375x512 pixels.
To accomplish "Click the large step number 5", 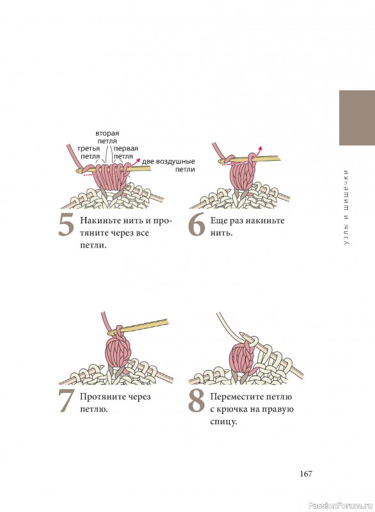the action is tap(66, 226).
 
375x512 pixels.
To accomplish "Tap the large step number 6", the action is tap(196, 226).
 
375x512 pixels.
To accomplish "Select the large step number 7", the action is tap(67, 402).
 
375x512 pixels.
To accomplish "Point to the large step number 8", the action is tap(196, 402).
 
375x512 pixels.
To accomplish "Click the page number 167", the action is tap(306, 474).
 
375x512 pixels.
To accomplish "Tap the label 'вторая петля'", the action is tap(107, 137).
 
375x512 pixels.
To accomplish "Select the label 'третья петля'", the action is tap(89, 152).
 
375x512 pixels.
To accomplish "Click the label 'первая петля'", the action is tap(125, 152).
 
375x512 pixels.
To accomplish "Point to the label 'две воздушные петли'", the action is tap(169, 165).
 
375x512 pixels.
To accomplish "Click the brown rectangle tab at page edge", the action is tap(357, 118).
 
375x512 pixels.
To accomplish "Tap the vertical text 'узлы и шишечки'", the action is tap(346, 207).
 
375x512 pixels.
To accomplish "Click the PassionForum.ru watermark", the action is tap(340, 506).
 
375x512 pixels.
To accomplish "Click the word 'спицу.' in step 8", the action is tap(223, 422).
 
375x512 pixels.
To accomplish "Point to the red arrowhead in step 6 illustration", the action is tap(260, 148).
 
